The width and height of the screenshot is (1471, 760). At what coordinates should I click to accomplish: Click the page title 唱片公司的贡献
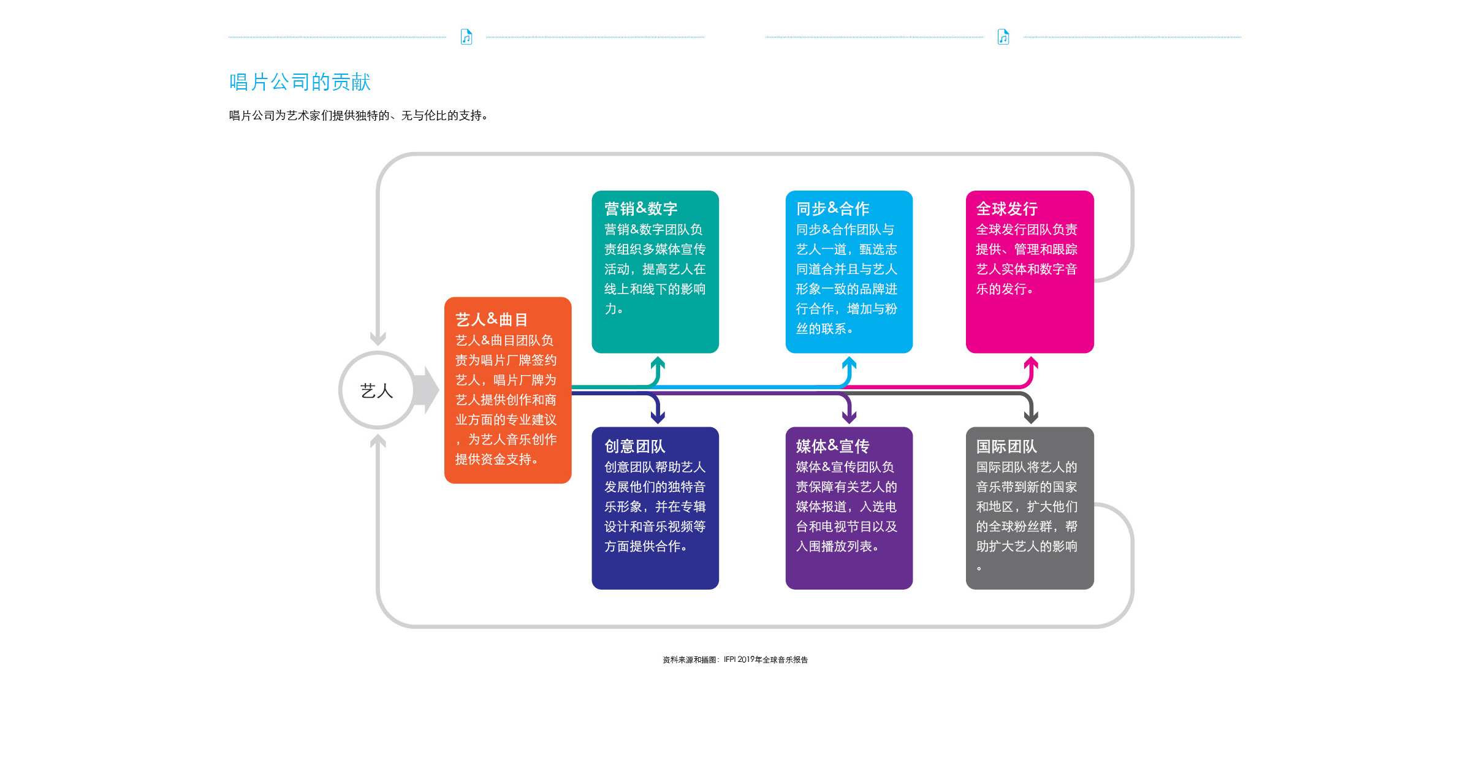(x=300, y=82)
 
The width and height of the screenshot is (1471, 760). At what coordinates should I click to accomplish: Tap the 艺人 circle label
(x=376, y=391)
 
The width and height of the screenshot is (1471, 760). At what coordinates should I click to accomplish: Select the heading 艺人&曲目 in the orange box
(x=492, y=319)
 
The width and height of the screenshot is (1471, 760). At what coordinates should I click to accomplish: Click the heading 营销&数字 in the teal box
(x=640, y=208)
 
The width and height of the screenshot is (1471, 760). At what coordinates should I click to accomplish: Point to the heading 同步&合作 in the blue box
(x=832, y=208)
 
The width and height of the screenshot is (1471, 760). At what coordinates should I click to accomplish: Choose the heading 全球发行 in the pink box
(x=1006, y=208)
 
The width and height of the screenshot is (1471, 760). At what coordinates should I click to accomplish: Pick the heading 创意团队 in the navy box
(x=635, y=446)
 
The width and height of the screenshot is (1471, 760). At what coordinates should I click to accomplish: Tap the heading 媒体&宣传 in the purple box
(x=832, y=446)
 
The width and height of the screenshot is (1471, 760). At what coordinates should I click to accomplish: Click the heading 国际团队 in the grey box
(x=1006, y=446)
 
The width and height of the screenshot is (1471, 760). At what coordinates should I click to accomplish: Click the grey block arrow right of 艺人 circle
(x=427, y=390)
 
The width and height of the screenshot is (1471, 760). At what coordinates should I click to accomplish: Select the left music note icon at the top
(x=466, y=37)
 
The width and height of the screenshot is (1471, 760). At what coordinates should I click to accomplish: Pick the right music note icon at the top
(x=1003, y=37)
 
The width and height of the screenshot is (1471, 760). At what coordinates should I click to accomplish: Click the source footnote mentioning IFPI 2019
(x=735, y=659)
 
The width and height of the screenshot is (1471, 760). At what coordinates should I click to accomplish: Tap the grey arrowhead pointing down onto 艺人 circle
(x=378, y=338)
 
